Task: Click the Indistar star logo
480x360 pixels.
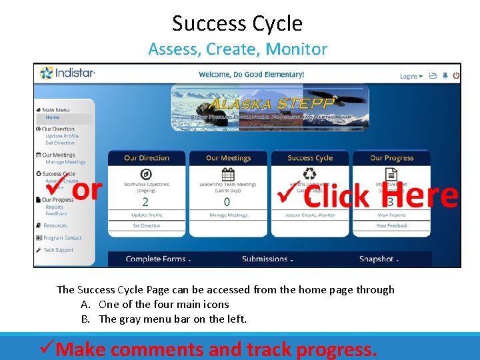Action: (x=46, y=73)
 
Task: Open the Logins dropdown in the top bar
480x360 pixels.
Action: (x=410, y=76)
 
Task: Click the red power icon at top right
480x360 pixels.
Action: (x=456, y=75)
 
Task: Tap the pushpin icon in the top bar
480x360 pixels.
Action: (x=445, y=75)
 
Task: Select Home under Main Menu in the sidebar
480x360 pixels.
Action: (x=53, y=117)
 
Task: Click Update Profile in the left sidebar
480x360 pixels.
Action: (x=62, y=136)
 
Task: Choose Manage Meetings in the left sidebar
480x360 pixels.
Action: (x=65, y=162)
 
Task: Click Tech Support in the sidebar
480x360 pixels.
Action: (x=58, y=250)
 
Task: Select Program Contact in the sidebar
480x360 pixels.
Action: (x=63, y=238)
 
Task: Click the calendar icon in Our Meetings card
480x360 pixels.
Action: (x=228, y=174)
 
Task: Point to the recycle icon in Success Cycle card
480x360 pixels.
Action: (x=310, y=174)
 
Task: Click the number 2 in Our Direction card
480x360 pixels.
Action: (x=145, y=201)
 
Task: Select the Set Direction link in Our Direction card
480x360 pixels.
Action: (x=147, y=226)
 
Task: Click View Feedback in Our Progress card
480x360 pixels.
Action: (x=391, y=226)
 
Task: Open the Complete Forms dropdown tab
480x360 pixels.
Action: (x=158, y=259)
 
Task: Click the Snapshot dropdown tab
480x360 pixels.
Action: (x=379, y=259)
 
